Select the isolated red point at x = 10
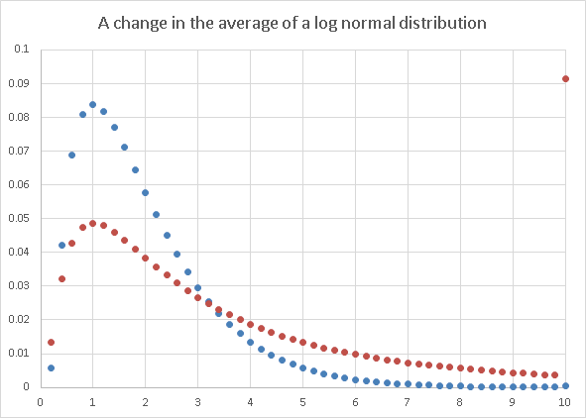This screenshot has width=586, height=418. pos(565,78)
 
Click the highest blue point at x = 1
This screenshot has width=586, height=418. pos(92,104)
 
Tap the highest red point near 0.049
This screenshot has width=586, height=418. pos(92,223)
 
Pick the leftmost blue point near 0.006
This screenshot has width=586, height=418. pos(51,367)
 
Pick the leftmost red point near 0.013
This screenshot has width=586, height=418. pos(51,343)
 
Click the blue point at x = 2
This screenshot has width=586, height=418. pos(145,192)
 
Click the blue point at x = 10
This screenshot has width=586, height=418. pos(565,385)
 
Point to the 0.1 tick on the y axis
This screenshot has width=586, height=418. pos(22,50)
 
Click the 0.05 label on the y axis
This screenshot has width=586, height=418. pos(19,218)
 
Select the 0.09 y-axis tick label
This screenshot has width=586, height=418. pos(19,83)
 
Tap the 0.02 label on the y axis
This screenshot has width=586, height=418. pos(19,319)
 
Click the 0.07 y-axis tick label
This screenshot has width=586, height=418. pos(19,151)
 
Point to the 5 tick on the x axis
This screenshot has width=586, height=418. pos(302,402)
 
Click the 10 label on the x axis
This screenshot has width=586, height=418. pos(565,402)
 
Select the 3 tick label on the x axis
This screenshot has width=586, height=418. pos(197,402)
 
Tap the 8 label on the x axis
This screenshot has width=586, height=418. pos(460,402)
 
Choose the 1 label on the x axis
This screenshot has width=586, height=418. pos(92,402)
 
